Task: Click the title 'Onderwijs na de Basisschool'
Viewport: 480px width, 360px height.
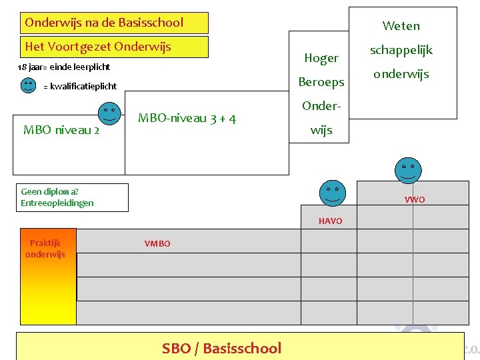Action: [104, 23]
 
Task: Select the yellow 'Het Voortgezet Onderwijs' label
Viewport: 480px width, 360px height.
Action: [98, 47]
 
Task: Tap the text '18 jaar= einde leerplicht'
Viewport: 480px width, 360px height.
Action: [63, 67]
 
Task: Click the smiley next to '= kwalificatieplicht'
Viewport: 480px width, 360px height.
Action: [28, 85]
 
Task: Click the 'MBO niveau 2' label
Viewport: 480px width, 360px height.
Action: [61, 130]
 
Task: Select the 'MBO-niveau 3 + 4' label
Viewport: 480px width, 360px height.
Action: [187, 119]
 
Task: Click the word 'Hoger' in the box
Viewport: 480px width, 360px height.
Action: [321, 58]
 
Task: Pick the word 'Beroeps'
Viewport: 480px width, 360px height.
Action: [321, 82]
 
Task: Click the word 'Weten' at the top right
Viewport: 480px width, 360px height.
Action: [401, 26]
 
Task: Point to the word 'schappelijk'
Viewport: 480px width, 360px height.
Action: [401, 50]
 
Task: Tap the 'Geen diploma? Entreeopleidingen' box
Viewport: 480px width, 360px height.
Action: [73, 197]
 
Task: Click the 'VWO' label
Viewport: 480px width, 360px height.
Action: [414, 200]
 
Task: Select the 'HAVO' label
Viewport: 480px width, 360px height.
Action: [330, 221]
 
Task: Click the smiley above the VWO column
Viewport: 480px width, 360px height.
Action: [407, 171]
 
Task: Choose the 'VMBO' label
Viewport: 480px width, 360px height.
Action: [157, 244]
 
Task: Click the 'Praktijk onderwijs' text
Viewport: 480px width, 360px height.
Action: [45, 249]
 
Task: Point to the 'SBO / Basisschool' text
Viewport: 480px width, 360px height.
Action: [221, 348]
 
